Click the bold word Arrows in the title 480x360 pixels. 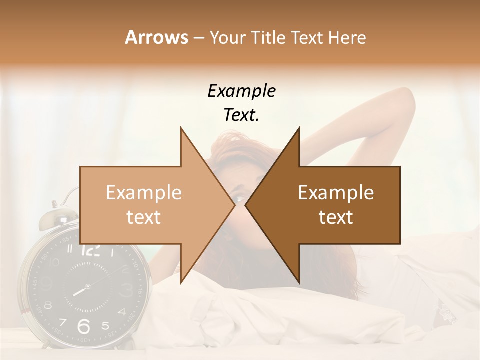coord(156,37)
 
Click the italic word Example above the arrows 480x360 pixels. coord(241,91)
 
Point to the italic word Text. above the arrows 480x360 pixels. coord(241,115)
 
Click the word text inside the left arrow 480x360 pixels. coord(143,217)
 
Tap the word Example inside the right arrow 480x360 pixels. coord(336,192)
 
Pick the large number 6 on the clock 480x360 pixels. coord(84,326)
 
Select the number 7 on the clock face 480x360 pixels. coord(63,322)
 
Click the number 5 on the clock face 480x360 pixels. coord(105,326)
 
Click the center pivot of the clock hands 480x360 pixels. coord(87,287)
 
